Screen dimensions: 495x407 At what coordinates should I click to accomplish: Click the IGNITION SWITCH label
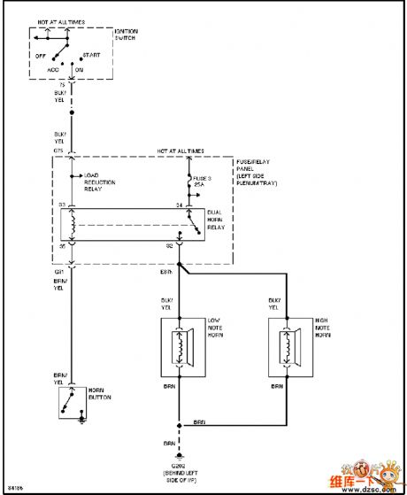(x=127, y=35)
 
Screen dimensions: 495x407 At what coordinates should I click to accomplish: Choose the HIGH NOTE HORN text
(x=322, y=327)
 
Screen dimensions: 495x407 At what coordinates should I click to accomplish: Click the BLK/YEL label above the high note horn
(x=274, y=304)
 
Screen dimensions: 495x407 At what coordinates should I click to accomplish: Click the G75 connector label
(x=59, y=151)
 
